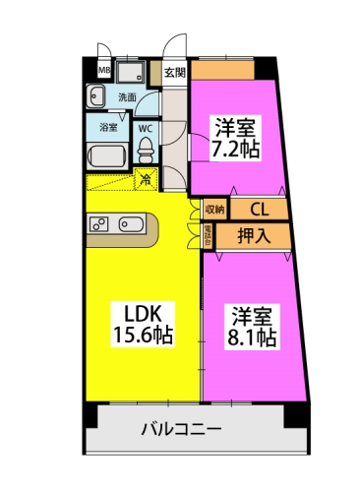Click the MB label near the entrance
pos(103,70)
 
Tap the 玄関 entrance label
pos(174,72)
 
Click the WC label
pos(145,127)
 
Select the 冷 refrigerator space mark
pos(146,179)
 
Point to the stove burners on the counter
pos(100,223)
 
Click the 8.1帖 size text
pos(253,338)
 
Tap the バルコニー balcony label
pos(181,429)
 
